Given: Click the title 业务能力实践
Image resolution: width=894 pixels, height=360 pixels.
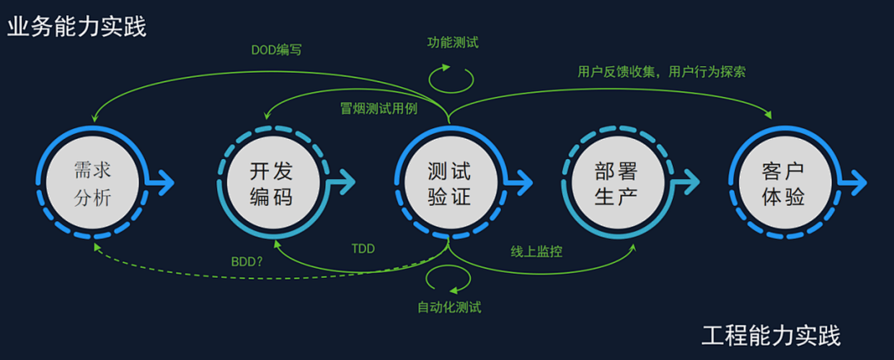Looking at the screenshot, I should tap(77, 27).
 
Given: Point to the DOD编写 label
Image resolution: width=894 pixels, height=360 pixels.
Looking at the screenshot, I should tap(276, 50).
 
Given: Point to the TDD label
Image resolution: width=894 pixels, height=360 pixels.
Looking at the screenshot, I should tap(363, 247).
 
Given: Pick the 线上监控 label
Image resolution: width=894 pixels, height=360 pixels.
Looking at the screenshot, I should tap(536, 250).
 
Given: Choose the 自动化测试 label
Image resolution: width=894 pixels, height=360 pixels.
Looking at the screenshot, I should tap(449, 308).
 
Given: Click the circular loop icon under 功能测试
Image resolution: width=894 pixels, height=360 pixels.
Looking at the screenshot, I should tap(450, 77).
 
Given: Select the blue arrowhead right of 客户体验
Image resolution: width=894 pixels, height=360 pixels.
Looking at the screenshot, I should tap(859, 180).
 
